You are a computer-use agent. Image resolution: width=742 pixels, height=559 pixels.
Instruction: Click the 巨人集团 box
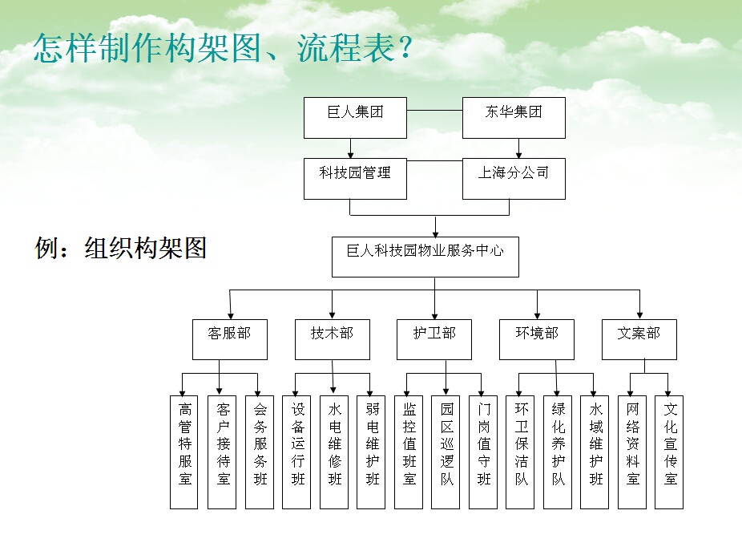click(355, 117)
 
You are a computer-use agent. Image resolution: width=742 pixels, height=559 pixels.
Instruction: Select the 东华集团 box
click(514, 117)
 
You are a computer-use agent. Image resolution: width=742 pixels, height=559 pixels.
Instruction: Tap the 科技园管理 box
click(355, 179)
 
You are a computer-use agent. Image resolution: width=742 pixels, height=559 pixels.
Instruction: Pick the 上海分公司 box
click(514, 179)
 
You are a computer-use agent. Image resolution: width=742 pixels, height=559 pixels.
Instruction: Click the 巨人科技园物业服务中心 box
click(425, 257)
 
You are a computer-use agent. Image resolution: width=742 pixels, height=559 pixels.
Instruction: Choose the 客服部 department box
click(229, 339)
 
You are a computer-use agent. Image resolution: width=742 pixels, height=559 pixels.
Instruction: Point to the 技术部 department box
click(332, 339)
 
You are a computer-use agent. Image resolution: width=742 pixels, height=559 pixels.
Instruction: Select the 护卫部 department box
click(434, 339)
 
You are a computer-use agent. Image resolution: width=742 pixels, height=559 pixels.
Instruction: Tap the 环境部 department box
click(537, 339)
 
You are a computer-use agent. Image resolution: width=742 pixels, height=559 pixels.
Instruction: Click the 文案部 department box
click(639, 339)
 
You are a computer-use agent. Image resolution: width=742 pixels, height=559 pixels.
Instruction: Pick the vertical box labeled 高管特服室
click(183, 452)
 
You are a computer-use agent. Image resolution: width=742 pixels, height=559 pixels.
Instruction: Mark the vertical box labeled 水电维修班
click(334, 452)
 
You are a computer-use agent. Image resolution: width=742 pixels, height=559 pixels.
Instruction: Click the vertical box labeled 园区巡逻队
click(446, 452)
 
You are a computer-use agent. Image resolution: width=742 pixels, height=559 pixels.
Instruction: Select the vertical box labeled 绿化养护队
click(558, 452)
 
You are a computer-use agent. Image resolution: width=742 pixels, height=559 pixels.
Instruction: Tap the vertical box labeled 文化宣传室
click(669, 452)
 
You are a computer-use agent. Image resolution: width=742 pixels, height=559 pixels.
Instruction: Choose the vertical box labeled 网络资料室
click(632, 452)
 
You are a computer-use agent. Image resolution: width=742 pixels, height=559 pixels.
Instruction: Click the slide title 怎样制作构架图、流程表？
click(224, 49)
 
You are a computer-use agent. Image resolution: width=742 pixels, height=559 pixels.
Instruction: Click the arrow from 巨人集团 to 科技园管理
click(351, 148)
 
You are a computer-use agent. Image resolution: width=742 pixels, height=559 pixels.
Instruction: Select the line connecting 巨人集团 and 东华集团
click(434, 110)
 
